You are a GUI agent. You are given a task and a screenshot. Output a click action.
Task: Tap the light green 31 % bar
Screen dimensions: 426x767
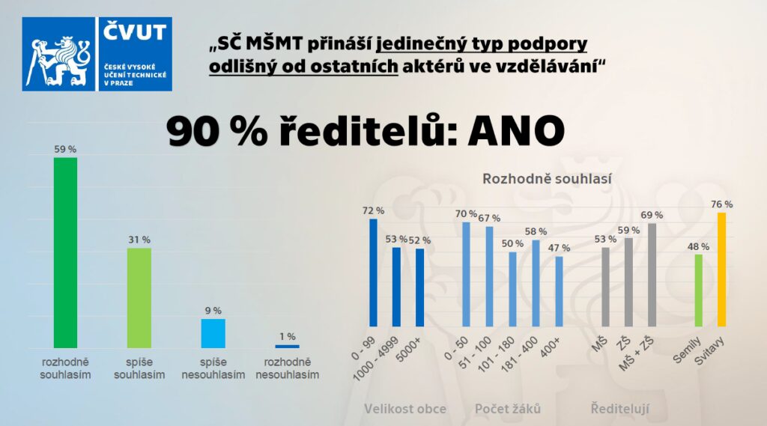tap(139, 297)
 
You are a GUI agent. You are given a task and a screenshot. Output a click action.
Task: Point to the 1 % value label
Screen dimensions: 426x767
tap(287, 337)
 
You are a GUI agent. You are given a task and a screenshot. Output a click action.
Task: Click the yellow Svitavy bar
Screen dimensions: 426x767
tap(722, 270)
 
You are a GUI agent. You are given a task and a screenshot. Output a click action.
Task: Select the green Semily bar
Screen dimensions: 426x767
tap(699, 290)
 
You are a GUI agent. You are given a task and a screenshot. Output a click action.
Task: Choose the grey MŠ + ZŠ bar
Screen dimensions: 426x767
tap(652, 275)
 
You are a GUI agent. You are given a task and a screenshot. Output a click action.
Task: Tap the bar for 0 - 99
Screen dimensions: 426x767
tap(373, 273)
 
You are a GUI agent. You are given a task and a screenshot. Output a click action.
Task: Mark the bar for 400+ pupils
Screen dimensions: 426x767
tap(559, 291)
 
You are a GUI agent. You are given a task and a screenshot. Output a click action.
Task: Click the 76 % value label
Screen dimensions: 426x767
tap(722, 204)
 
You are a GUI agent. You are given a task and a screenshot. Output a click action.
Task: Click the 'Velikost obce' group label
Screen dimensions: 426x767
tap(405, 409)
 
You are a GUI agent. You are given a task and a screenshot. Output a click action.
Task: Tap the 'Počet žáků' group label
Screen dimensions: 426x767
tap(508, 409)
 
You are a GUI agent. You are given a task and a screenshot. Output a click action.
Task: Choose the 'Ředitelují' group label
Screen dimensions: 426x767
tap(619, 409)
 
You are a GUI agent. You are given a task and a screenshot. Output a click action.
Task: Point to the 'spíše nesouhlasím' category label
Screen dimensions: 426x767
tap(213, 368)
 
